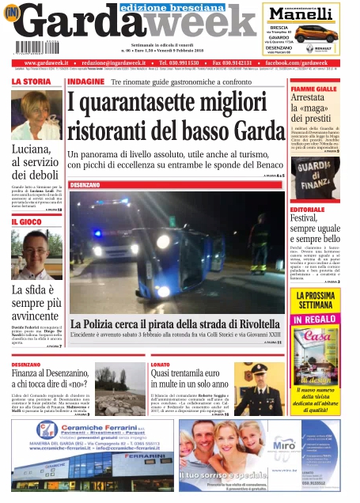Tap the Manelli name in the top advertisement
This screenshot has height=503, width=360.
pos(302,13)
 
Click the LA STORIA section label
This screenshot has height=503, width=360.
pos(32,81)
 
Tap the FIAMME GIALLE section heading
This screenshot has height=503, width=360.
pos(314,89)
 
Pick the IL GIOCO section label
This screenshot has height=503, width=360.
pos(28,222)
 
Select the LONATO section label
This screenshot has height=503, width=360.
pos(161,365)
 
